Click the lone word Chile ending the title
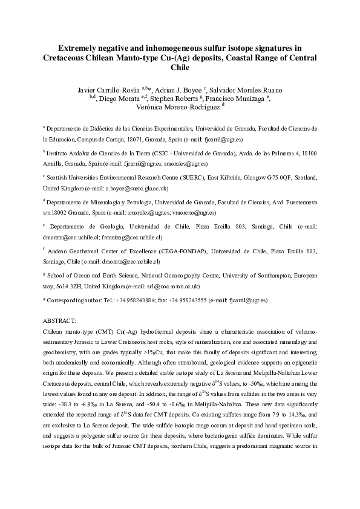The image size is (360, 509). (x=180, y=68)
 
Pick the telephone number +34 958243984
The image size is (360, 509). (x=137, y=299)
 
